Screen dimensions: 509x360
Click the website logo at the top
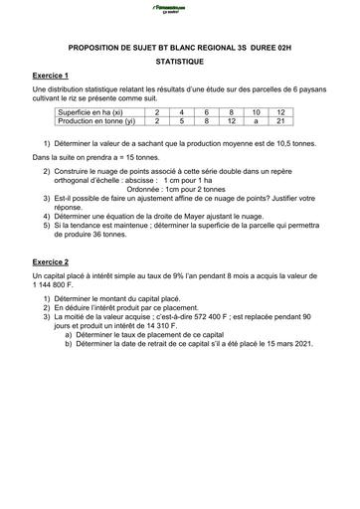tap(179, 9)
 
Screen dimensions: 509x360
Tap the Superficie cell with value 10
tap(256, 112)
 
